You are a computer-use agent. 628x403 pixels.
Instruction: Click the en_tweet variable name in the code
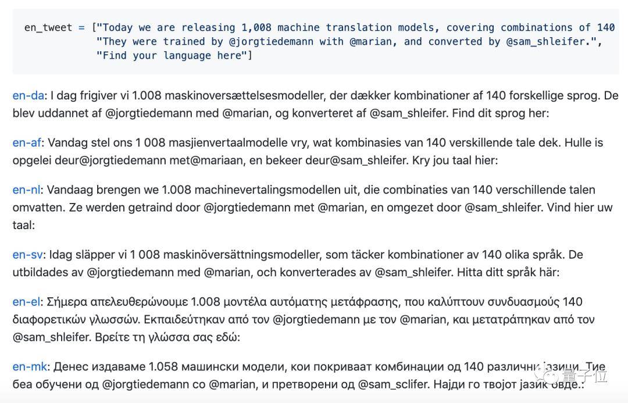pos(48,27)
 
